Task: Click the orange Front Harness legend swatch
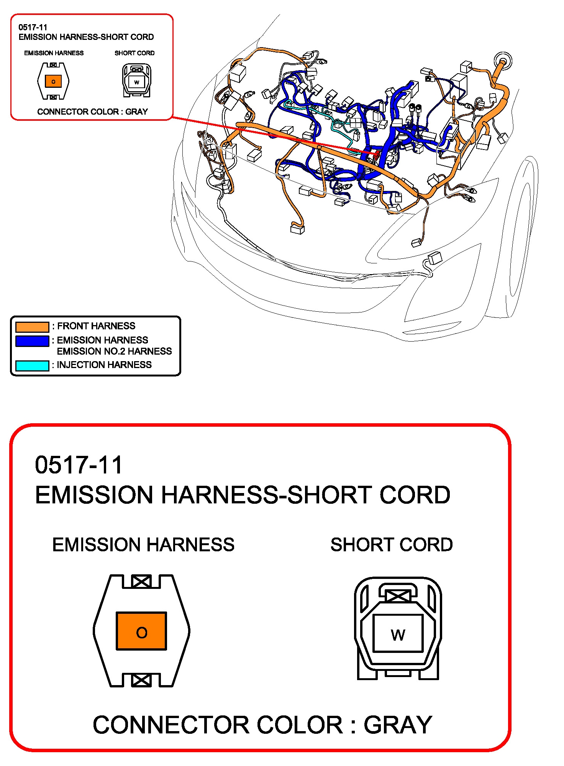(x=32, y=327)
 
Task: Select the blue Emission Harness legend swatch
(x=32, y=341)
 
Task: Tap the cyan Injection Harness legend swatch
(x=32, y=365)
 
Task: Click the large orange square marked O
(x=141, y=631)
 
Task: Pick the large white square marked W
(x=398, y=633)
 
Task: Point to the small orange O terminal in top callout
(x=53, y=81)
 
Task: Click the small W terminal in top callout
(x=137, y=82)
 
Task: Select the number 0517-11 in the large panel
(x=79, y=465)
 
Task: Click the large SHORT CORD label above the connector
(x=392, y=544)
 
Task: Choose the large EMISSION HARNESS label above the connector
(x=143, y=544)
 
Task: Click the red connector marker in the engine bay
(x=377, y=155)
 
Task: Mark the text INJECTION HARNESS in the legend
(x=104, y=365)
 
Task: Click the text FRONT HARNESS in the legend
(x=96, y=326)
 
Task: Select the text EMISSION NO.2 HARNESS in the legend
(x=114, y=351)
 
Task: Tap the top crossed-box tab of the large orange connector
(x=141, y=582)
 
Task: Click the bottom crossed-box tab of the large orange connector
(x=141, y=680)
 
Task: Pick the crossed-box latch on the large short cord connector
(x=398, y=595)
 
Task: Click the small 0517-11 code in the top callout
(x=33, y=27)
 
